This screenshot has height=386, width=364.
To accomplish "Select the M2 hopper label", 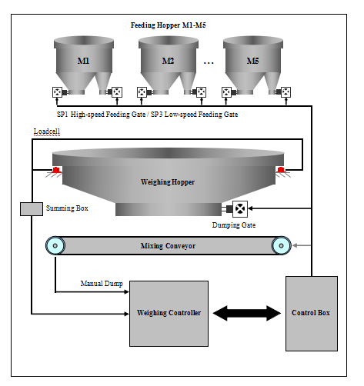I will pos(169,60).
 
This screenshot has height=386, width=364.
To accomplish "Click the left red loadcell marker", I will pos(56,169).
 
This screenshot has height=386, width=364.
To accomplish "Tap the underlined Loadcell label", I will pos(47,133).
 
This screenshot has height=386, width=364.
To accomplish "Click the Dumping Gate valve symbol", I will pos(240,208).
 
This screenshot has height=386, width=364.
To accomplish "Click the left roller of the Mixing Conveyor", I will pos(55,245).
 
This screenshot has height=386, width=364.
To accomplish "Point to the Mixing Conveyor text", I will pos(168,246).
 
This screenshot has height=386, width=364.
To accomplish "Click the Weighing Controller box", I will pos(168,314).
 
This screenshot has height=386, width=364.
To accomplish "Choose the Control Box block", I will pos(311,313).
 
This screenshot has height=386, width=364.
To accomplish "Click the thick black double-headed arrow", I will pos(245,314).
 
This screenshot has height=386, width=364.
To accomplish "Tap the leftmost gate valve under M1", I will pos(57,92).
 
